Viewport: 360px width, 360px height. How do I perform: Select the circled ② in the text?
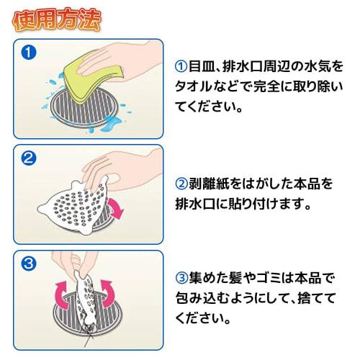(x=181, y=184)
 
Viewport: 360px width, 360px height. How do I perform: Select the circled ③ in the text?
(x=181, y=279)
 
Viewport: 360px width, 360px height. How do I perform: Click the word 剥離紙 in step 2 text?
(x=212, y=184)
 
